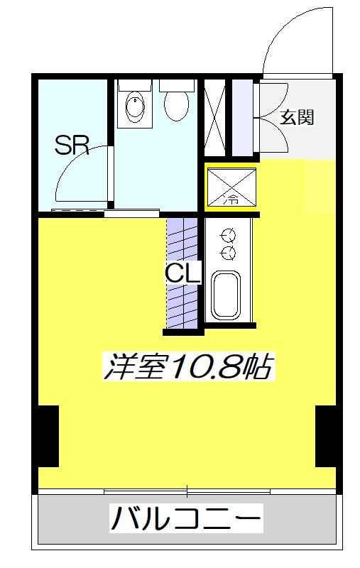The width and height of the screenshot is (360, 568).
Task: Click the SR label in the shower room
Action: [71, 146]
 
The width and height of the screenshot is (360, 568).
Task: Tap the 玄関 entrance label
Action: [297, 118]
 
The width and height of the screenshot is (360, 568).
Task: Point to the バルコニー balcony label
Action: [186, 519]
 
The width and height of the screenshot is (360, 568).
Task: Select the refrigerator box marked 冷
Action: [232, 187]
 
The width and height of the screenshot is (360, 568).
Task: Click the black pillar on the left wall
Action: [48, 435]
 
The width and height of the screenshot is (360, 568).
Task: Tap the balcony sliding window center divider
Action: [187, 491]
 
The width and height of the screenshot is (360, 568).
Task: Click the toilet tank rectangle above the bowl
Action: [177, 84]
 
